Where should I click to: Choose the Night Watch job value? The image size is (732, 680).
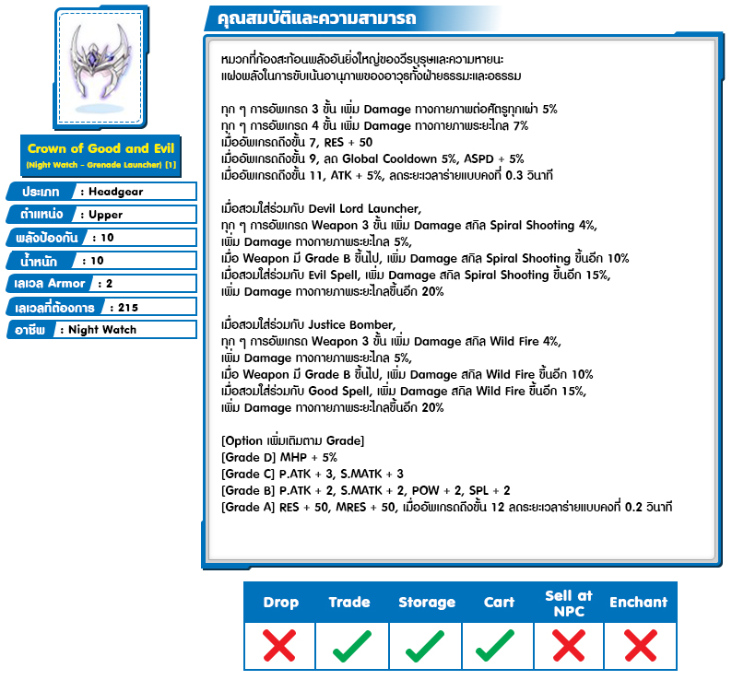coord(102,330)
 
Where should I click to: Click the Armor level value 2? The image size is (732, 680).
coord(110,284)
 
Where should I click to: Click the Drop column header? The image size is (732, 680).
coord(280,603)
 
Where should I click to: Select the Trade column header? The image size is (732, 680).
coord(349,603)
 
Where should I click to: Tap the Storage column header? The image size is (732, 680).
coord(427,603)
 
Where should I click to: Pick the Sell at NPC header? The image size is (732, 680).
coord(569,603)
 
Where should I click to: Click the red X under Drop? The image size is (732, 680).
coord(279,646)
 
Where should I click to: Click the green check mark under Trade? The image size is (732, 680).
coord(351,646)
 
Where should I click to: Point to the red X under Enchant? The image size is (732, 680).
coord(638,646)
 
